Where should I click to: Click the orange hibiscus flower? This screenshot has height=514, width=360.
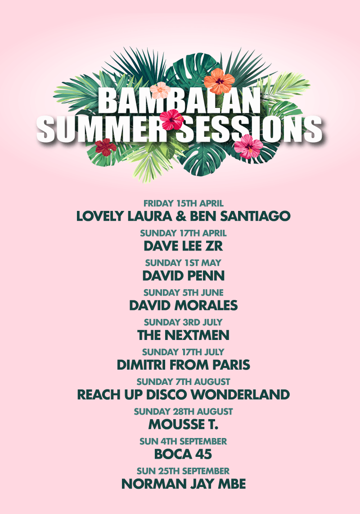pos(219,81)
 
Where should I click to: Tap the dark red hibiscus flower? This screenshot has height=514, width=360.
pos(106,147)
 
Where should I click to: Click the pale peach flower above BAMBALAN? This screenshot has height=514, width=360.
pos(160,90)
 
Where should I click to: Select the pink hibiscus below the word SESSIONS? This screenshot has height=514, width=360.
pos(248,146)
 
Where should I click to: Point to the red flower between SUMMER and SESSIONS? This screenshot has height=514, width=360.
pos(171,119)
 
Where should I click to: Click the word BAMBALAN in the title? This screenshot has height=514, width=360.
pos(179,101)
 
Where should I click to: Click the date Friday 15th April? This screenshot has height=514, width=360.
pos(184,203)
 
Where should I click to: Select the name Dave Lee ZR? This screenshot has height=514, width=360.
pos(184,246)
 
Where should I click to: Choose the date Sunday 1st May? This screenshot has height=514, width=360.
pos(184,263)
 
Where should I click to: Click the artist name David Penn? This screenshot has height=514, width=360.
pos(184,276)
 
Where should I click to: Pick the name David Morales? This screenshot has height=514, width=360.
pos(184,305)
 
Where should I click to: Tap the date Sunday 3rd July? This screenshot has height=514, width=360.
pos(184,322)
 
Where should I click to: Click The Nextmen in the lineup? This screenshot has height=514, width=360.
pos(184,335)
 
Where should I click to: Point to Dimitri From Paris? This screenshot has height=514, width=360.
pos(184,365)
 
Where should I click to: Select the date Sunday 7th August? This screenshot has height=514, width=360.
pos(184,382)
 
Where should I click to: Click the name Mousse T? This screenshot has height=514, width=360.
pos(184,425)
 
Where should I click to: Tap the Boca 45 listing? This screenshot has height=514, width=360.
pos(184,454)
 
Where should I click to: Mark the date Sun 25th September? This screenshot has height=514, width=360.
pos(184,471)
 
